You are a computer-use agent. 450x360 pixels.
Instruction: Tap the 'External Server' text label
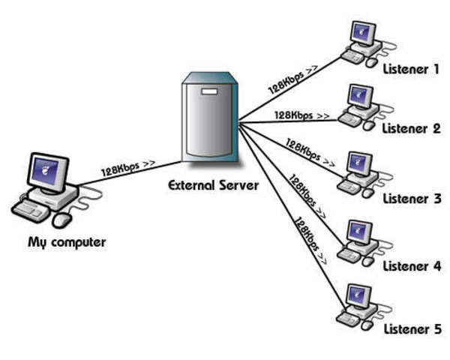212,184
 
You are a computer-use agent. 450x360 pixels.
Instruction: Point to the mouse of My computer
62,219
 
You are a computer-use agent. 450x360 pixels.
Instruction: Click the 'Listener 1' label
412,70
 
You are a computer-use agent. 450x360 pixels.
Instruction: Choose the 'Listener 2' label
412,128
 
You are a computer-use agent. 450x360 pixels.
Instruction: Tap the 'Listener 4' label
412,265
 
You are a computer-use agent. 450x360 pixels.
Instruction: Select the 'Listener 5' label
412,329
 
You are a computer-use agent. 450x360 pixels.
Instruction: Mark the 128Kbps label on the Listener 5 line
309,240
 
